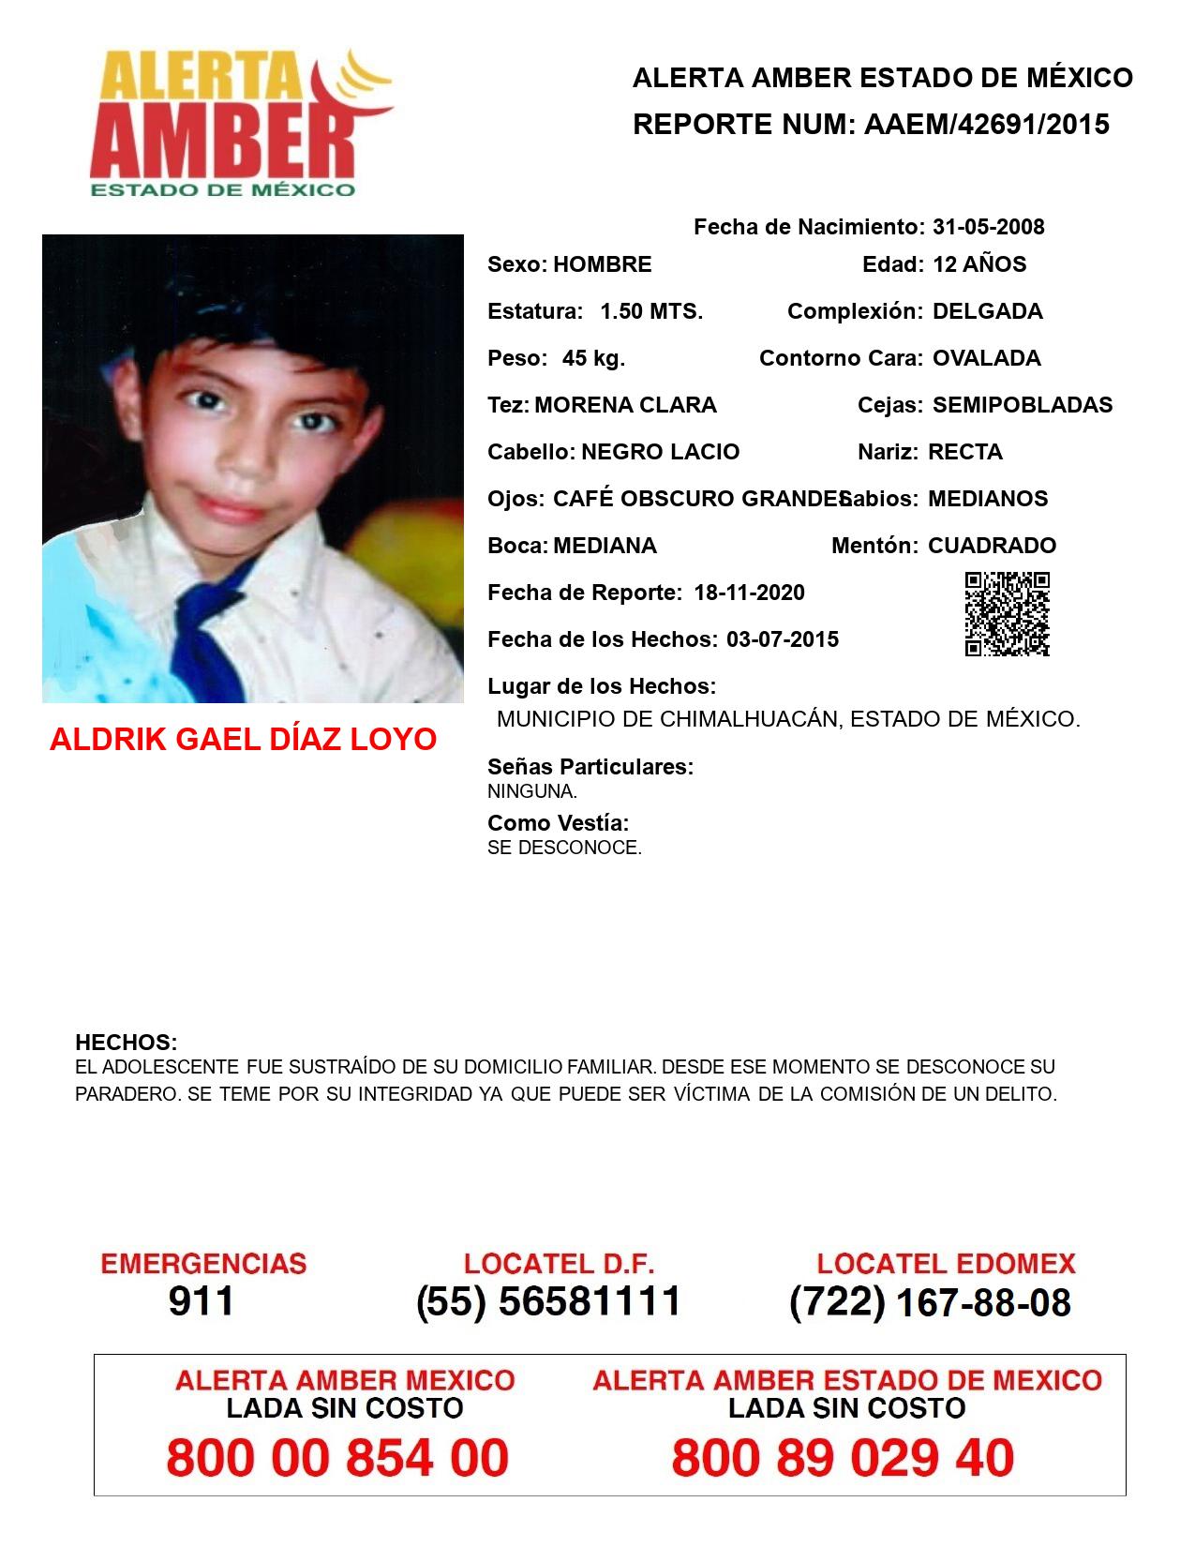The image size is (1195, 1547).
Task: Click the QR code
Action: point(1008,614)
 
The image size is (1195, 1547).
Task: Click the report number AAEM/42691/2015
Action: point(986,124)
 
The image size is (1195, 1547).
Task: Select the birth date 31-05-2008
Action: point(988,227)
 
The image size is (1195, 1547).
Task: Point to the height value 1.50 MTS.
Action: point(651,311)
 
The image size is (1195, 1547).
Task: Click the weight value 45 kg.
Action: point(593,358)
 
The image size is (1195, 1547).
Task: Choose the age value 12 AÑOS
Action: point(979,264)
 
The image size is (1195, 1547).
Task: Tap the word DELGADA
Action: point(987,311)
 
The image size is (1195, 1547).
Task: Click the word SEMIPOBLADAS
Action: point(1023,405)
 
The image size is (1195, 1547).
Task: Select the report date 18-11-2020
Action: point(749,593)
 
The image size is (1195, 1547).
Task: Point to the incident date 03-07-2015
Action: point(783,639)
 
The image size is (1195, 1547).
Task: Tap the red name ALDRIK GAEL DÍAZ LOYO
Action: point(243,740)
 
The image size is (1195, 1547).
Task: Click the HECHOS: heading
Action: point(126,1043)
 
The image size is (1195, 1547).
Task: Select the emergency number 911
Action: point(202,1301)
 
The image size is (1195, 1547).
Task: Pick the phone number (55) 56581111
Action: point(548,1301)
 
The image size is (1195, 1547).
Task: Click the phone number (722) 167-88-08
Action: point(930,1302)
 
